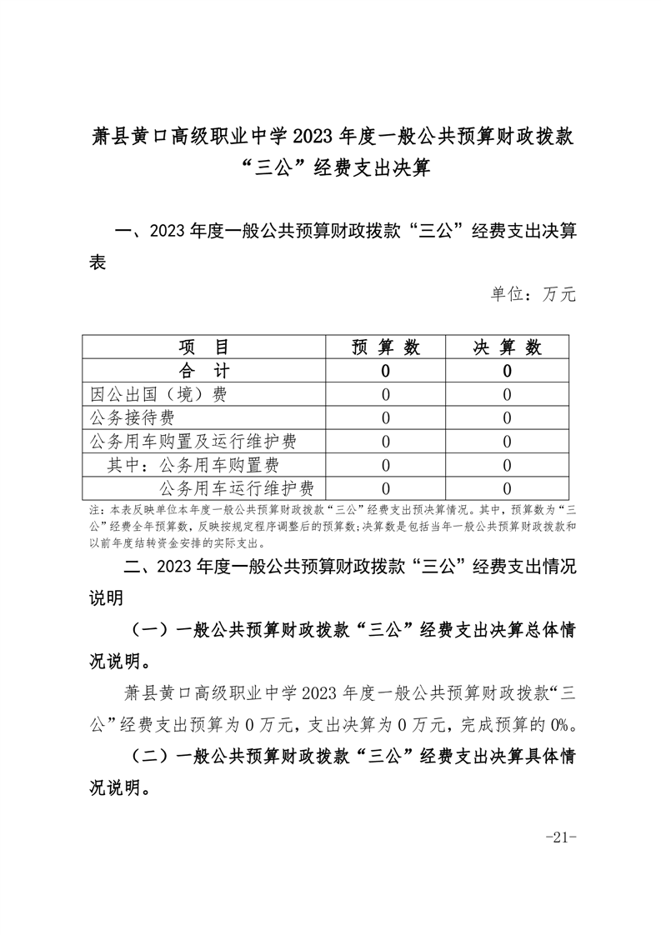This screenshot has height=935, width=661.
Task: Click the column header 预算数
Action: coord(385,347)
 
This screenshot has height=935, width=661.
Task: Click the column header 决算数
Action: coord(508,347)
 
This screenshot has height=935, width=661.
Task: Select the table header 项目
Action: coord(203,347)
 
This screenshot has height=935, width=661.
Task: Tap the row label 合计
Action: coord(203,371)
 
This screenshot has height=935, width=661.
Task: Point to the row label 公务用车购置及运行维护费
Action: coord(193,441)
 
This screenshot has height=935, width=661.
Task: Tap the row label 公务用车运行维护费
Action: coord(236,487)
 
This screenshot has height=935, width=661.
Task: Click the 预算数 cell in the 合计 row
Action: coord(385,371)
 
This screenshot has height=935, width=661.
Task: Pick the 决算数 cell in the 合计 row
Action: coord(508,371)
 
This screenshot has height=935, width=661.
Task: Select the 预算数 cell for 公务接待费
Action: coord(385,417)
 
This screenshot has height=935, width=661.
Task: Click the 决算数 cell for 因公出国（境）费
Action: coord(508,394)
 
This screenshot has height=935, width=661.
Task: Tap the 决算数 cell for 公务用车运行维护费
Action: coord(508,487)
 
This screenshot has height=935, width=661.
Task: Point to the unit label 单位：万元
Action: coord(533,293)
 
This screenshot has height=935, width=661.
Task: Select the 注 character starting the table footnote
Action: coord(93,509)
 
